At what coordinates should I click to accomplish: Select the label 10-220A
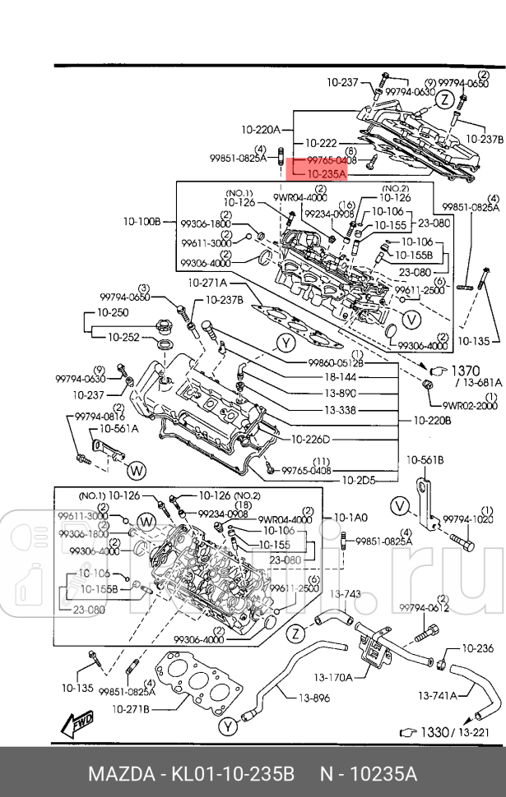pos(261,129)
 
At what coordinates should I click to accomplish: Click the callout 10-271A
pos(207,283)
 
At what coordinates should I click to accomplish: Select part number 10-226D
pos(310,439)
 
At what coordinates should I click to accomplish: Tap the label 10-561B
pos(425,459)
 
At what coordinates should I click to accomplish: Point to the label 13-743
pos(346,594)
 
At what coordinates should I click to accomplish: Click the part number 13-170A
pos(333,677)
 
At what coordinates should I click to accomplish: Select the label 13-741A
pos(437,695)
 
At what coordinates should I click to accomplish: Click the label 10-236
pos(476,649)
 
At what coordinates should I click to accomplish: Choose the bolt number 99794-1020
pos(468,519)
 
